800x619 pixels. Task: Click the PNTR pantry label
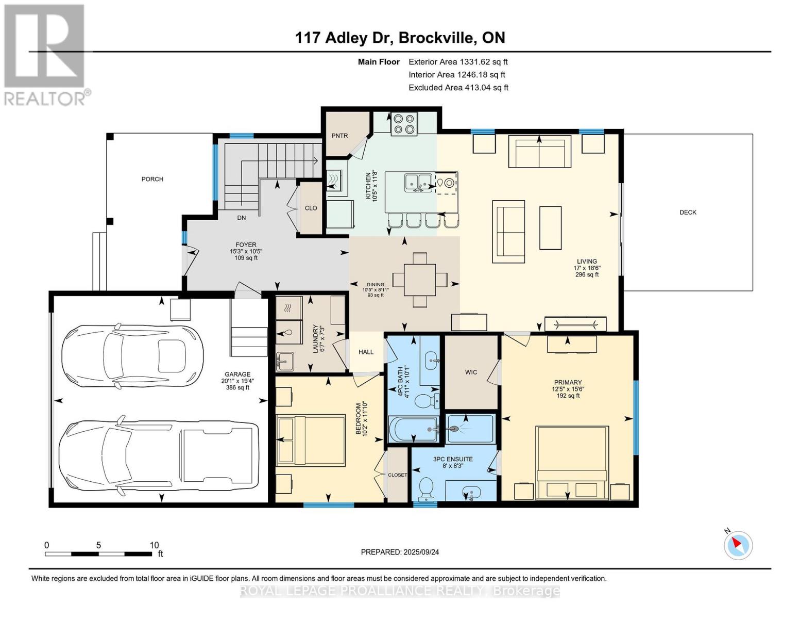pos(339,136)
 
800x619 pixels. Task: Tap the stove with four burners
pos(403,124)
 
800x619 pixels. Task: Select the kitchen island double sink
pos(419,183)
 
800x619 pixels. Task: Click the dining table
pos(420,280)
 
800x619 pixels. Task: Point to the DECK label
pos(687,213)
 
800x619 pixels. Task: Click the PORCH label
pos(152,179)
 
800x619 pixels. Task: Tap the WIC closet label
pos(471,372)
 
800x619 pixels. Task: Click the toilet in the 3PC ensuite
pos(427,489)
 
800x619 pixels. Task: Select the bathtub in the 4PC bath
pos(414,429)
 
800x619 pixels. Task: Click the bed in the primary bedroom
pos(572,463)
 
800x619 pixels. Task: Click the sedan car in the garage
pos(132,356)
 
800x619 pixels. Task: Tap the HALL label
pos(366,352)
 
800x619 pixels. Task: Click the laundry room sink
pos(284,361)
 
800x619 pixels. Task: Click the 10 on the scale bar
pos(154,545)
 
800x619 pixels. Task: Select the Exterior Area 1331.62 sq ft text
pos(458,62)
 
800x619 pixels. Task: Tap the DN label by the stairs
pos(241,218)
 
